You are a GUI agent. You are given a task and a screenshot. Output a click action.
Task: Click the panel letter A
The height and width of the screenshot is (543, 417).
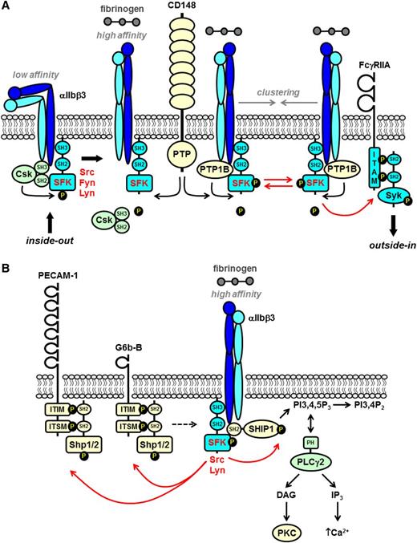[x=7, y=8]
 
